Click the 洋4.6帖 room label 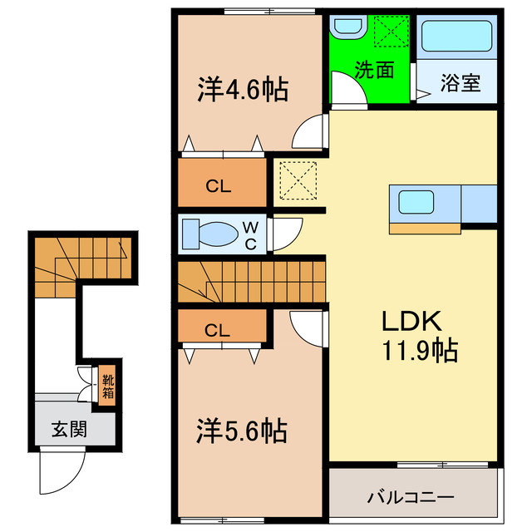tap(242, 90)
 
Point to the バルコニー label tap(411, 498)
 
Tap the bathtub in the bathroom tap(457, 37)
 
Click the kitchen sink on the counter tap(413, 202)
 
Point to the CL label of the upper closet tap(219, 186)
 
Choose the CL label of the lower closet tap(218, 330)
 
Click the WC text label tap(249, 234)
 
